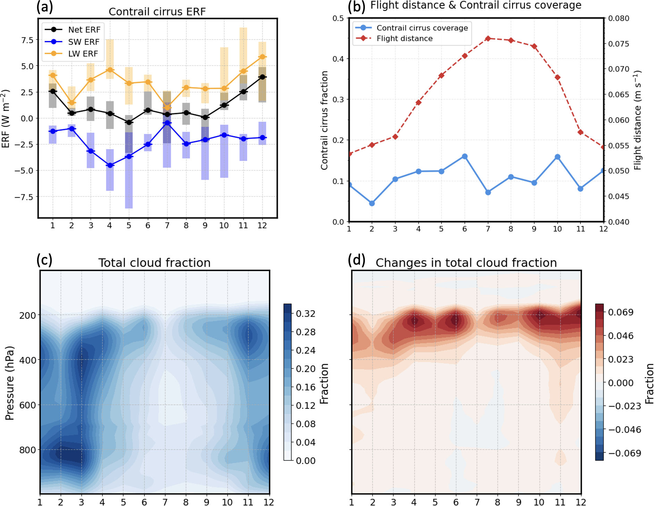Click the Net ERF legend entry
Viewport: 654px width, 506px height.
[x=84, y=30]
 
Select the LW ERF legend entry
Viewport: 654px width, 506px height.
[x=83, y=54]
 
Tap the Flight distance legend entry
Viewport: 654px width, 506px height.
[x=404, y=38]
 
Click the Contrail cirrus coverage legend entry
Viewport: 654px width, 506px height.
[x=422, y=28]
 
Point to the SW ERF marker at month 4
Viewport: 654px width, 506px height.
[x=110, y=165]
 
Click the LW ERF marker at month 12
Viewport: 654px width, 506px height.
[x=262, y=57]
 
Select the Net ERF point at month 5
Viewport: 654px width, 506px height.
[x=129, y=122]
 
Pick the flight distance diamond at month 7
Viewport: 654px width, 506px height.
[x=488, y=38]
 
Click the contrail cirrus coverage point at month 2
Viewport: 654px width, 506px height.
[x=372, y=203]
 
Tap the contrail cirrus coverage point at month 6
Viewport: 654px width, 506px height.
[x=465, y=156]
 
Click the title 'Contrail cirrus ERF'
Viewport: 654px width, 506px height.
[x=157, y=12]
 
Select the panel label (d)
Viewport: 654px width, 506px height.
[x=357, y=260]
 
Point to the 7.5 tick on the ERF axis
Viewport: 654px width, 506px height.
[x=27, y=40]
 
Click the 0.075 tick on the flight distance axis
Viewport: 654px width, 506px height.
[x=619, y=44]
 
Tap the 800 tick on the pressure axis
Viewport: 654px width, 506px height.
[x=27, y=450]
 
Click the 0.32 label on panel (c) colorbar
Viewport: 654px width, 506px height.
[x=305, y=314]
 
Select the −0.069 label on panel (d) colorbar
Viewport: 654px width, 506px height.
[x=624, y=453]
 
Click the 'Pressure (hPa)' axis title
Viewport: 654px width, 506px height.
[x=10, y=383]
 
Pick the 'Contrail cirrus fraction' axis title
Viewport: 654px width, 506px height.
[x=324, y=120]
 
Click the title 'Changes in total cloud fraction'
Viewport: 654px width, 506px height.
[x=466, y=263]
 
